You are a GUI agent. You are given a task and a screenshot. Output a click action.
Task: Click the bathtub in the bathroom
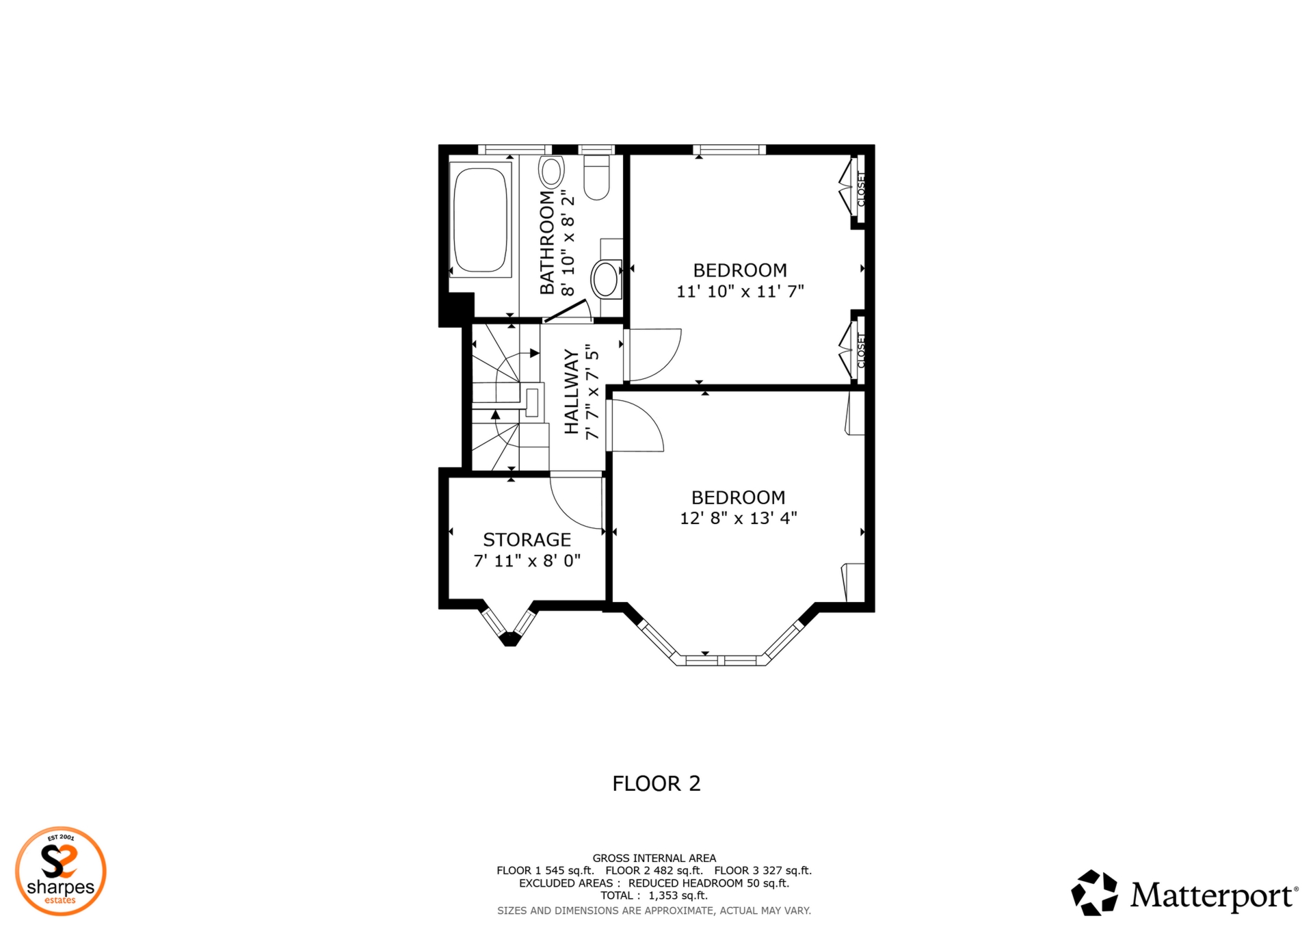[x=481, y=219]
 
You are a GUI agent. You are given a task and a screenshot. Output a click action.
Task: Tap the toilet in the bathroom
[x=596, y=179]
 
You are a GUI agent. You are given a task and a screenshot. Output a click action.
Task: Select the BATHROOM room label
[x=547, y=243]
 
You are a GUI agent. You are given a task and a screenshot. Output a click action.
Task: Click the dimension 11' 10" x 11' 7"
[x=740, y=291]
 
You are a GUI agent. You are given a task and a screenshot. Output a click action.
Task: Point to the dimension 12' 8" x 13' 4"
[x=738, y=519]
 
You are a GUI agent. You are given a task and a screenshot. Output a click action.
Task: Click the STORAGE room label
[x=527, y=540]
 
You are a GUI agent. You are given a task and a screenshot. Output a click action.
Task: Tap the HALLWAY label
[x=571, y=391]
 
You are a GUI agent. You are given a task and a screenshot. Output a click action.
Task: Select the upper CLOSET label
[x=861, y=189]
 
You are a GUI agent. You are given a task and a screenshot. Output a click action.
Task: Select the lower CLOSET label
[x=861, y=350]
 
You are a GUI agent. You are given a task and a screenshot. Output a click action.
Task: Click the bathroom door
[x=566, y=311]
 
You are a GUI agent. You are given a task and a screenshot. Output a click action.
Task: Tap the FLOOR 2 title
[x=656, y=783]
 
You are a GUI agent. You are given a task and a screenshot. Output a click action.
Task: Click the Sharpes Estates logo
[x=61, y=871]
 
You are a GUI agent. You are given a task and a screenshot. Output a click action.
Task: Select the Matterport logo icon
[x=1094, y=893]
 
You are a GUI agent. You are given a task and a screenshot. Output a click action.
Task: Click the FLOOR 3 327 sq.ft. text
[x=762, y=871]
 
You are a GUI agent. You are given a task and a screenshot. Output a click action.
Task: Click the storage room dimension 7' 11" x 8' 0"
[x=527, y=561]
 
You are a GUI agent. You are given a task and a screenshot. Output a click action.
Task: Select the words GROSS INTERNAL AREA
[x=654, y=858]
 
